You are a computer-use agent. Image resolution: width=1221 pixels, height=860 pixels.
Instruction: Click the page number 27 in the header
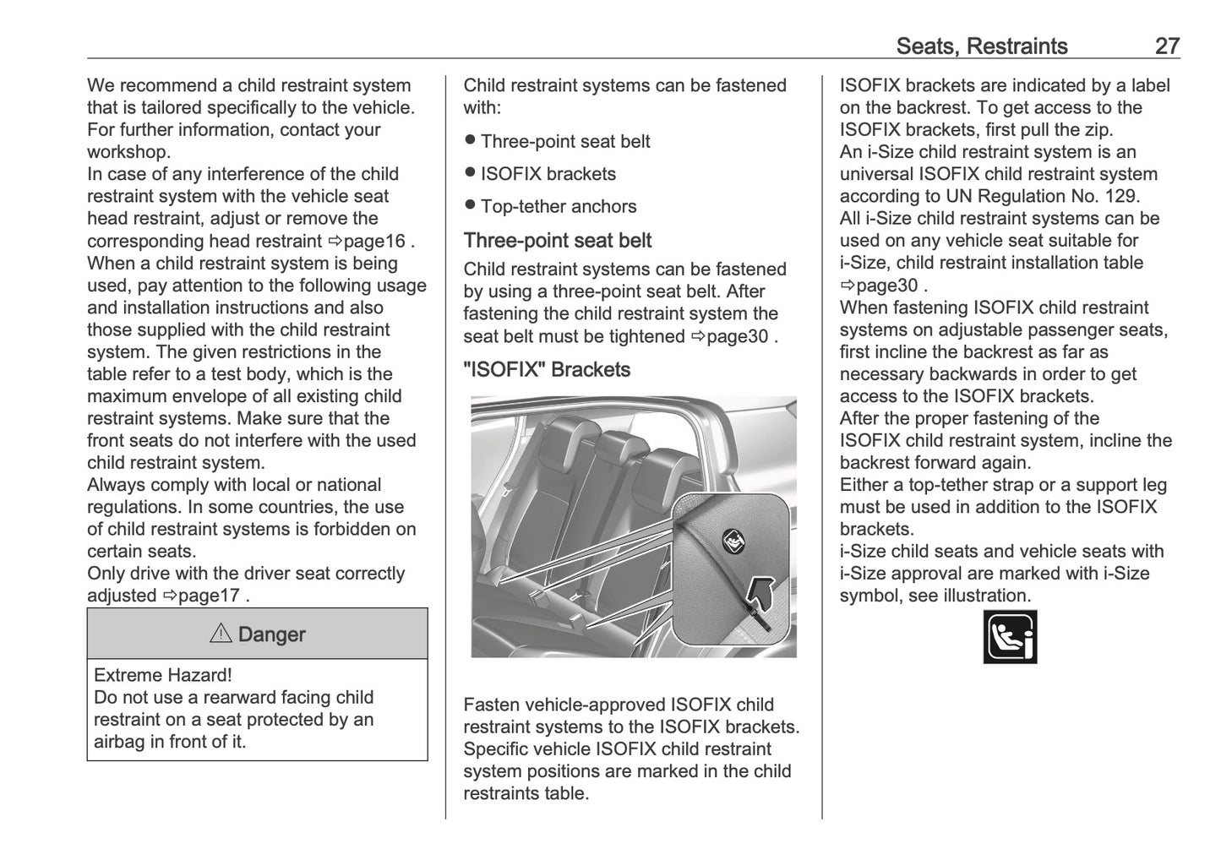pos(1166,46)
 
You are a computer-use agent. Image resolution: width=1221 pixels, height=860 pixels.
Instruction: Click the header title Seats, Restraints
pos(981,46)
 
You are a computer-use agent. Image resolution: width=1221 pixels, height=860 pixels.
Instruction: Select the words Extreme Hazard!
pos(162,675)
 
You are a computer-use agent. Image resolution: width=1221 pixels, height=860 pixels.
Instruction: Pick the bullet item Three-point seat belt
pos(564,141)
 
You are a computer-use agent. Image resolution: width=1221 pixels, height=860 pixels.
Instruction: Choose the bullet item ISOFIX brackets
pos(548,174)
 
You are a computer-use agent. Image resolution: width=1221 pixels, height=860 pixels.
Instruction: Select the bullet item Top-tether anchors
pos(558,206)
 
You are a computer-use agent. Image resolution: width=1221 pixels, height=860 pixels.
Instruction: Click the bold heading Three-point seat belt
pos(557,241)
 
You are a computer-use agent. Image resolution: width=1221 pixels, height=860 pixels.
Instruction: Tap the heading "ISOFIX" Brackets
pos(546,369)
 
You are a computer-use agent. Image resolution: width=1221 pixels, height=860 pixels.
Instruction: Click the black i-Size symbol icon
pos(1010,637)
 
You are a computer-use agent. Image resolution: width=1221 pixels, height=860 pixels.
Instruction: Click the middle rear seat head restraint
pos(621,443)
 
